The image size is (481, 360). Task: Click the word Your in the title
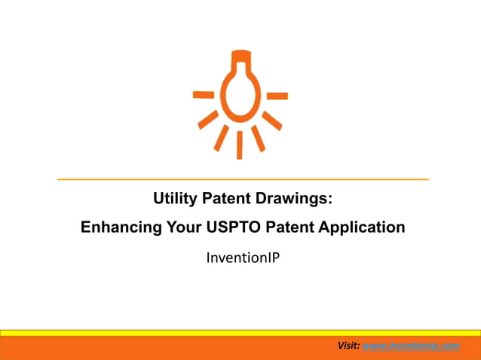(179, 227)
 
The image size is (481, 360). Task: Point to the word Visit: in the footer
(348, 346)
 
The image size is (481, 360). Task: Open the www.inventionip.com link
(411, 346)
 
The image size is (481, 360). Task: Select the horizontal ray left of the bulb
(204, 95)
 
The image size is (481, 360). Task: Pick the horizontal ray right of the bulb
(277, 96)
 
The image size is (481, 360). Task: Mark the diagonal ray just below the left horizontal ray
(207, 120)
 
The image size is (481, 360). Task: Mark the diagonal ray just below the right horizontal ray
(273, 120)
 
